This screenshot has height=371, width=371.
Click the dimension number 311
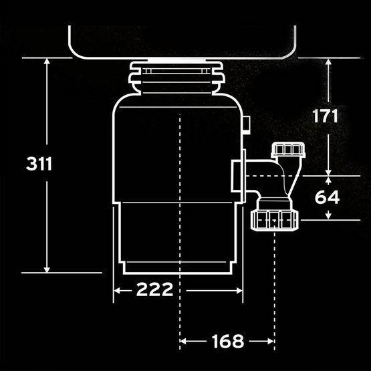point(39,164)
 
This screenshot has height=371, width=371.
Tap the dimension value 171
point(325,116)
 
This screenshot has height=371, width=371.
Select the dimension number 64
point(328,197)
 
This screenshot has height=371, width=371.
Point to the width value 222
point(154,289)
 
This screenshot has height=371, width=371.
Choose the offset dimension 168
point(228,341)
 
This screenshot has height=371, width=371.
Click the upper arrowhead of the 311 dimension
point(47,61)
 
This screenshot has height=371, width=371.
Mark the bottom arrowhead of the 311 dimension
point(47,269)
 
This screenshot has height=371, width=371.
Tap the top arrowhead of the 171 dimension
point(328,61)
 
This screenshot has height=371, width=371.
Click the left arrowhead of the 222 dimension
point(117,290)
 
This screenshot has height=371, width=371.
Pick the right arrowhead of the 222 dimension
point(240,291)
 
